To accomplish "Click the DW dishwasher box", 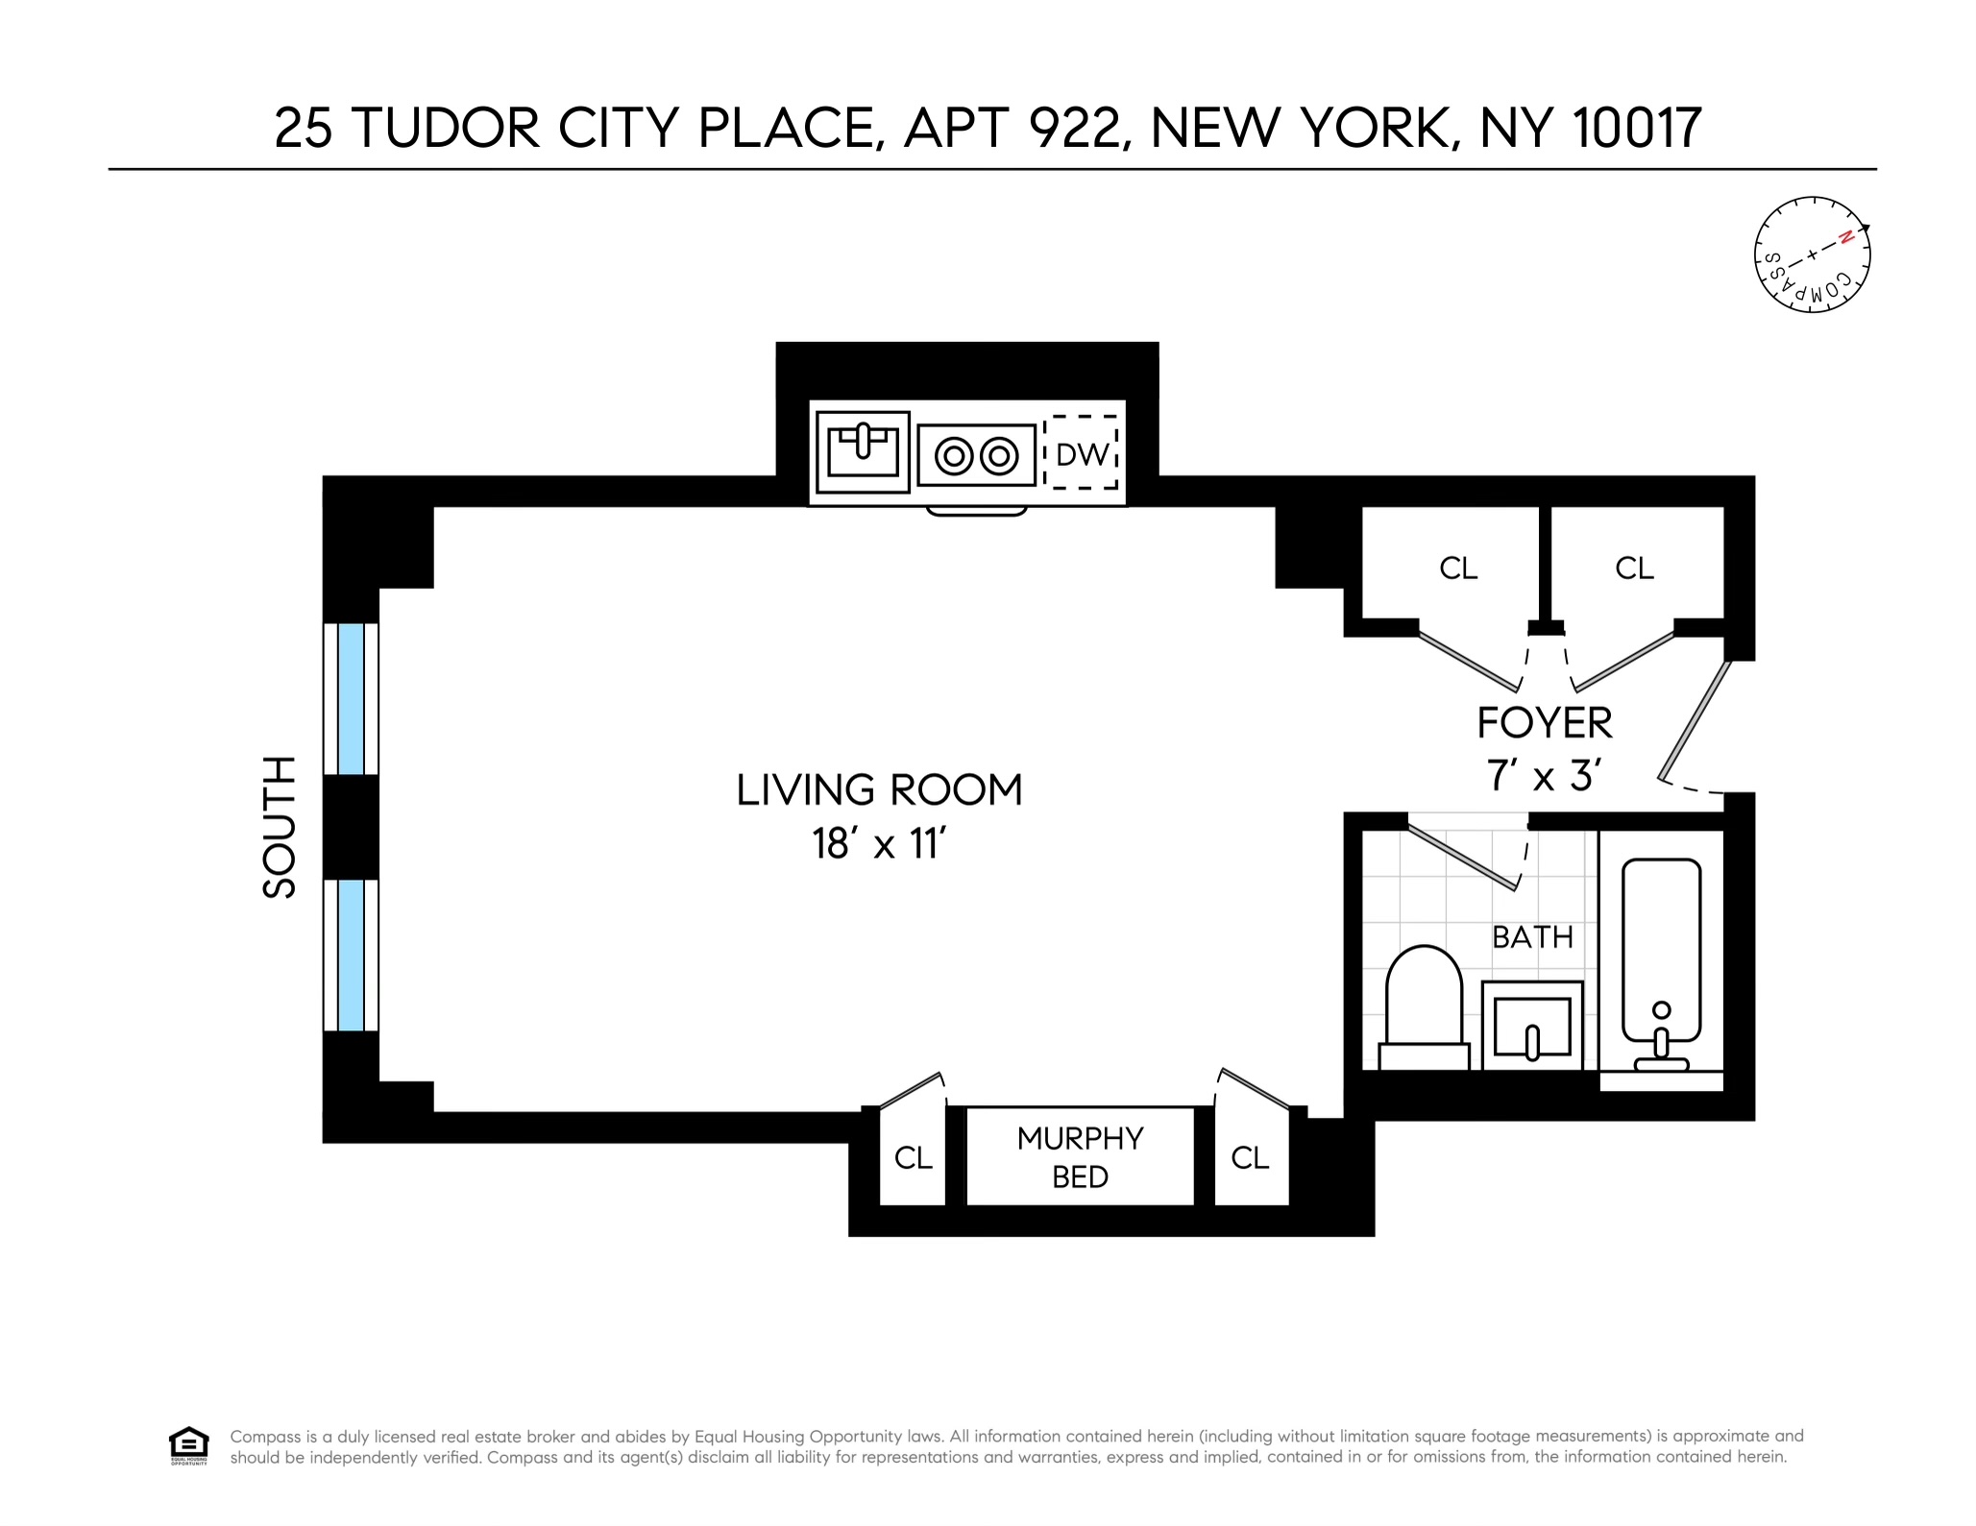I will point(1082,453).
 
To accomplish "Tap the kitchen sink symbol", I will point(863,452).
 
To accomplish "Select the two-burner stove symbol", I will point(976,455).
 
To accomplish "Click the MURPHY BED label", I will point(1080,1157).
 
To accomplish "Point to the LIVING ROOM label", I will point(879,790).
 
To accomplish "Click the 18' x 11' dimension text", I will point(879,844).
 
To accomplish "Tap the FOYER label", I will point(1544,723).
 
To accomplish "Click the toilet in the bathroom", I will point(1424,1004).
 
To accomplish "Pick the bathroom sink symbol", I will point(1532,1026).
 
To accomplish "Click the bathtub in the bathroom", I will point(1661,960).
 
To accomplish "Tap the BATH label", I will point(1532,936).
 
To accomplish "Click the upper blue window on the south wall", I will point(351,698).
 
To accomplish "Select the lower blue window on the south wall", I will point(351,955).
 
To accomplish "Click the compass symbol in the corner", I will point(1812,255).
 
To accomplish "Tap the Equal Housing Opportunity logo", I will point(188,1445).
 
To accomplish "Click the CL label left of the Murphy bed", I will point(913,1158).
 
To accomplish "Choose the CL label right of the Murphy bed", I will point(1250,1158).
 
